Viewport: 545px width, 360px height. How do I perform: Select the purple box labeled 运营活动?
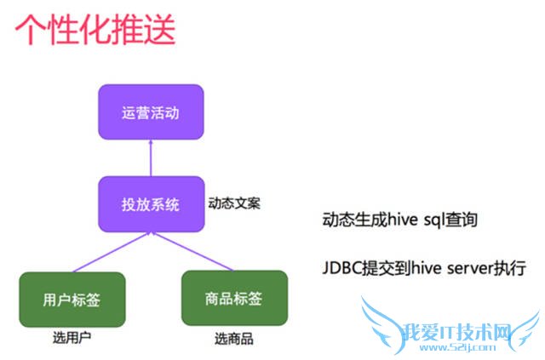pos(150,111)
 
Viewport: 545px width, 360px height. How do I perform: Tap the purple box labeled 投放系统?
pos(150,204)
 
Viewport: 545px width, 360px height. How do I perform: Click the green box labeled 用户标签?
pos(72,299)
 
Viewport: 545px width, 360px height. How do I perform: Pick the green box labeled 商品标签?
pos(233,299)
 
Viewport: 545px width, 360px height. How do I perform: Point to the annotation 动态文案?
pos(233,204)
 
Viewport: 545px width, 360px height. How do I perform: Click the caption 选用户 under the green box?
pos(72,338)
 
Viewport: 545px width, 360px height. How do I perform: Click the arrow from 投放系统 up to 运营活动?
pos(150,157)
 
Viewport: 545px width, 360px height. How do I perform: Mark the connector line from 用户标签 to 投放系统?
pos(111,252)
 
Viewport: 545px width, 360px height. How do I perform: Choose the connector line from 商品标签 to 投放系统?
pos(192,252)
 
